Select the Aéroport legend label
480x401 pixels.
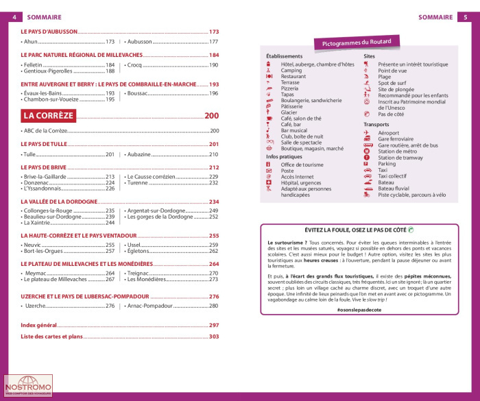(388, 132)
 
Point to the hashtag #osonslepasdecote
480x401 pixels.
(359, 311)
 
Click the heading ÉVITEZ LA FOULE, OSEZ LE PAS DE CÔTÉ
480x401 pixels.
(357, 230)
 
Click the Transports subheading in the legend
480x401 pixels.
(377, 124)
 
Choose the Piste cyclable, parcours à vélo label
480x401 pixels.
(411, 195)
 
